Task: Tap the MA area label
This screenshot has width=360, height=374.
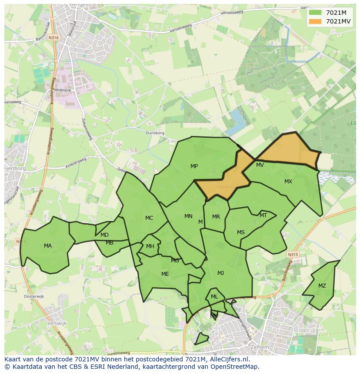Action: (48, 246)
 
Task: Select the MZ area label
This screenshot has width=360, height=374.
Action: (322, 286)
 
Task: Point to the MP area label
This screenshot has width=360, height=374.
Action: (194, 166)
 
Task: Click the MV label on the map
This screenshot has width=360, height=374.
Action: (260, 165)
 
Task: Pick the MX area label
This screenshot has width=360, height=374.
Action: (288, 182)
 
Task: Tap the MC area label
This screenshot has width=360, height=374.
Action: (149, 218)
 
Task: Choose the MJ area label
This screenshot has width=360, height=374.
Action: (220, 273)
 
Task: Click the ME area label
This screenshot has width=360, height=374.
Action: (165, 274)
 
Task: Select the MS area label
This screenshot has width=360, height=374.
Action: (240, 232)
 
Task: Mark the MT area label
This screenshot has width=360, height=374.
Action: (263, 215)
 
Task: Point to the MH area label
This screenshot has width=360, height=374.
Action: (150, 246)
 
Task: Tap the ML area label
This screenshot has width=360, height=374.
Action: (214, 297)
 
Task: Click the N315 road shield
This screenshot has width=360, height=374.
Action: (293, 255)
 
